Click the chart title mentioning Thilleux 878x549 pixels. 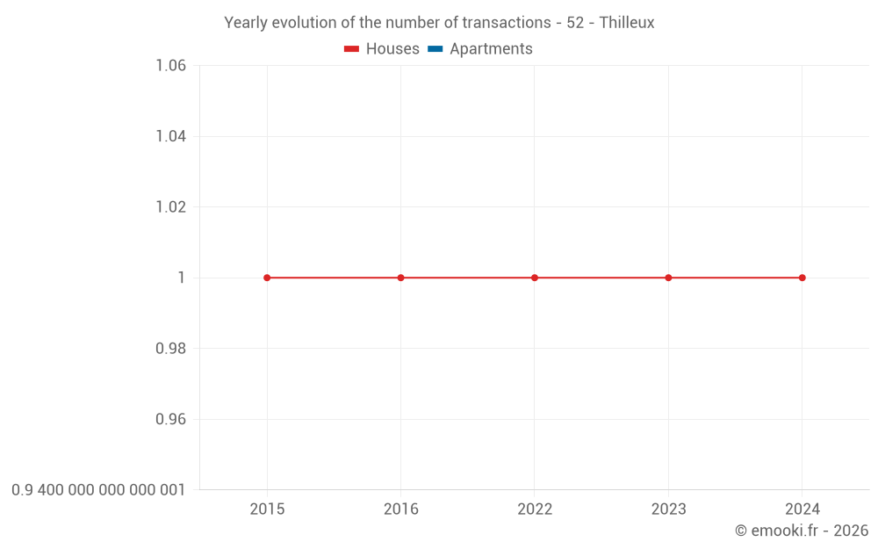click(439, 23)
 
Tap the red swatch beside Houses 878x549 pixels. click(352, 49)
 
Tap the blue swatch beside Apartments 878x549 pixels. click(435, 49)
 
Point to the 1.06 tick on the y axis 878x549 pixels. click(170, 66)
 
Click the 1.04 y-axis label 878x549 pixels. click(170, 136)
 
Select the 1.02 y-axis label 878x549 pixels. click(170, 207)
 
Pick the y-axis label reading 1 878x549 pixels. click(182, 278)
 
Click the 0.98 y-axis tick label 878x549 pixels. click(170, 349)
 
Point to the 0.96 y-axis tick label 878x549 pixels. click(170, 419)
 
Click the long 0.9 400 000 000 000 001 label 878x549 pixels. click(98, 490)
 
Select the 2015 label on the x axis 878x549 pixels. click(267, 509)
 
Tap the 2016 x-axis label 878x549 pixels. click(401, 509)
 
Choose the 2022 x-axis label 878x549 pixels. click(535, 509)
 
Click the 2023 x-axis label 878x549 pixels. click(668, 509)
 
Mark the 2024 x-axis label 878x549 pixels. click(802, 509)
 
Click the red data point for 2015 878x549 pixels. click(267, 278)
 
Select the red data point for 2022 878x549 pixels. click(535, 278)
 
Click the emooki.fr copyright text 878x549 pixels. click(802, 531)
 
